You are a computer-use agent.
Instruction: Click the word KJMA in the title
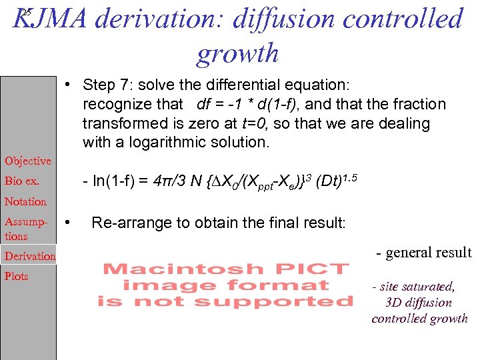click(50, 19)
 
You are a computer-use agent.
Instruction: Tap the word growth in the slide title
click(237, 53)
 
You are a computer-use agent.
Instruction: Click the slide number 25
click(25, 12)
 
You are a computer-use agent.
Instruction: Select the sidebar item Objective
click(27, 161)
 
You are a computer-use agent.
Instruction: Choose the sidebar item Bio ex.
click(22, 181)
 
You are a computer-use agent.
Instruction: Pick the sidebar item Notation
click(25, 201)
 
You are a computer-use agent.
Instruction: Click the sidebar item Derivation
click(30, 256)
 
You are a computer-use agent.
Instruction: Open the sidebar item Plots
click(17, 276)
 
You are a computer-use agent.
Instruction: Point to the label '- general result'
click(423, 253)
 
